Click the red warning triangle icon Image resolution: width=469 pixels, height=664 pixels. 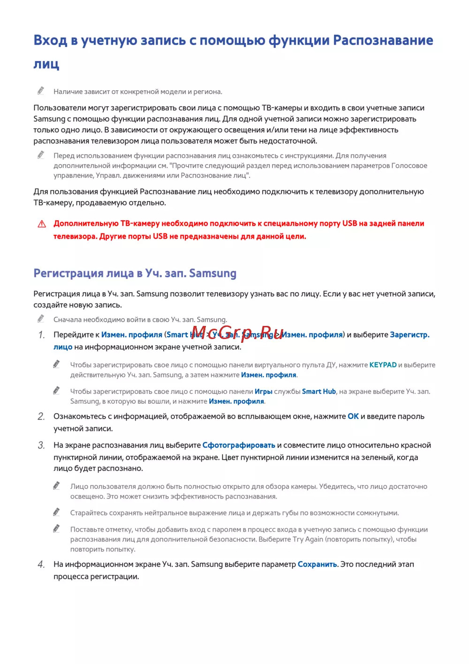(x=42, y=224)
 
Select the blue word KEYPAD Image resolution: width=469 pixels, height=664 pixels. (x=383, y=365)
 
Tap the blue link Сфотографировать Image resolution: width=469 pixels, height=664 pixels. (x=239, y=445)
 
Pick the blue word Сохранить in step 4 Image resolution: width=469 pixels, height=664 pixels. (x=317, y=564)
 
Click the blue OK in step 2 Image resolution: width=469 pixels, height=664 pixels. (x=353, y=417)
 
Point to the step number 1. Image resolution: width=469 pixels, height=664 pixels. (x=41, y=335)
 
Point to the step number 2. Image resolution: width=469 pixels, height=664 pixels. (x=41, y=417)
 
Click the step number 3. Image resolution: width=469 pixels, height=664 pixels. (x=41, y=445)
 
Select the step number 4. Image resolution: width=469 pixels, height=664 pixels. (x=41, y=564)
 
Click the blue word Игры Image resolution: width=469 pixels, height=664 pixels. (x=264, y=392)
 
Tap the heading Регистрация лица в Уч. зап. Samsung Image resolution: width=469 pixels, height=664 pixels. (x=135, y=273)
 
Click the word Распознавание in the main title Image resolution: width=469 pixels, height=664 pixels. (x=383, y=40)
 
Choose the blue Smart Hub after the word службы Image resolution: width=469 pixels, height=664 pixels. (x=319, y=392)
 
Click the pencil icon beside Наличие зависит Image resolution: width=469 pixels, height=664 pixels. (x=41, y=91)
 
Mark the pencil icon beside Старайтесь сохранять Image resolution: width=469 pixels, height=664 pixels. (x=57, y=512)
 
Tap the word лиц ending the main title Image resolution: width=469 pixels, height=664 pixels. (x=46, y=64)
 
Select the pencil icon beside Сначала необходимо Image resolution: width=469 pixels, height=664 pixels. (x=41, y=319)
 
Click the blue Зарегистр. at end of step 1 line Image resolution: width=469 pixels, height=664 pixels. (x=409, y=335)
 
